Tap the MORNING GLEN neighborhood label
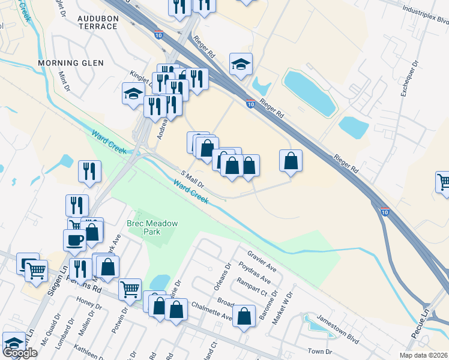(71, 63)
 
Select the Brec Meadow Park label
(152, 227)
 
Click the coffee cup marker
(74, 240)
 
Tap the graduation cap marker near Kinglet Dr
(133, 93)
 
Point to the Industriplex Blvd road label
(426, 20)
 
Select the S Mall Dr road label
(193, 178)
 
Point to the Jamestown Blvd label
(338, 329)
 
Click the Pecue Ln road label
(426, 319)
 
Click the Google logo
(20, 353)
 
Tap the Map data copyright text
(424, 355)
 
